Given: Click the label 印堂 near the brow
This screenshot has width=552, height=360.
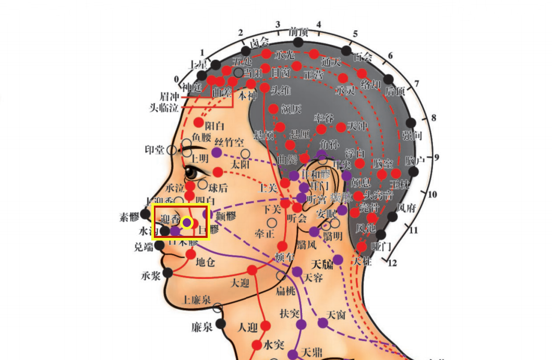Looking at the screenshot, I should click(155, 150).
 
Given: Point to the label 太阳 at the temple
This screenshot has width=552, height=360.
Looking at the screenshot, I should click(241, 164).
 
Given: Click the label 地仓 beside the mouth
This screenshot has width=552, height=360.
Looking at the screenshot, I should click(205, 262).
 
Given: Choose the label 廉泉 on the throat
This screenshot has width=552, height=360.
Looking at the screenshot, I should click(202, 327).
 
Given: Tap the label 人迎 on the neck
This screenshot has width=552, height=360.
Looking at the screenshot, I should click(248, 328).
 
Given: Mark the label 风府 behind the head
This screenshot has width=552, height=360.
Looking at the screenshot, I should click(406, 207).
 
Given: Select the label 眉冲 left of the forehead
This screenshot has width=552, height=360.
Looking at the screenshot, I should click(170, 97).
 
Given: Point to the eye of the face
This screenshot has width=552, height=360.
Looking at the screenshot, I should click(191, 172).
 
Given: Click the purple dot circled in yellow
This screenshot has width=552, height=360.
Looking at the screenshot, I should click(187, 223).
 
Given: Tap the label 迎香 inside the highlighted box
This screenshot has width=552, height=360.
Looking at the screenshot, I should click(170, 219).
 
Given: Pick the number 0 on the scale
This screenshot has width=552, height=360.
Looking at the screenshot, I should click(176, 80).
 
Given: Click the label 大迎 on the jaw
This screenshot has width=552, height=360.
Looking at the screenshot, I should click(239, 282).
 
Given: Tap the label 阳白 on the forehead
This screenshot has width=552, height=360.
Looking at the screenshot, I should click(214, 125).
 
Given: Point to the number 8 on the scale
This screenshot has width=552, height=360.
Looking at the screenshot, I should click(434, 117).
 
